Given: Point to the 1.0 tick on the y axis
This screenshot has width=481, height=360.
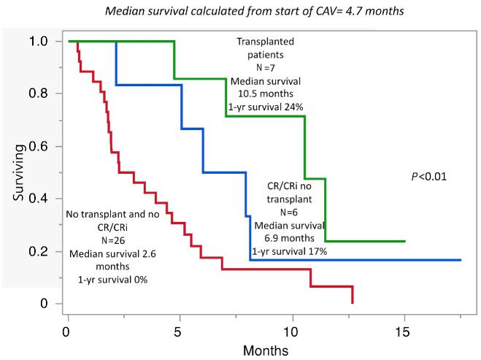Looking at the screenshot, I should coord(45,42).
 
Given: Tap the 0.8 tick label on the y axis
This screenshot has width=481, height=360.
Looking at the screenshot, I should coord(45,94).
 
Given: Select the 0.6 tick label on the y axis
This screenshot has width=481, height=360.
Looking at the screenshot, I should coord(45,146).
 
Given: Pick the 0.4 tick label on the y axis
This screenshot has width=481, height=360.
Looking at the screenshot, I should coord(45,199).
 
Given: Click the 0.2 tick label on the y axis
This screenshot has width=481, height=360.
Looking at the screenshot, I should coord(45,251).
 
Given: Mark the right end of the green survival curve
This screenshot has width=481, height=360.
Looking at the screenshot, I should coord(405,241).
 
